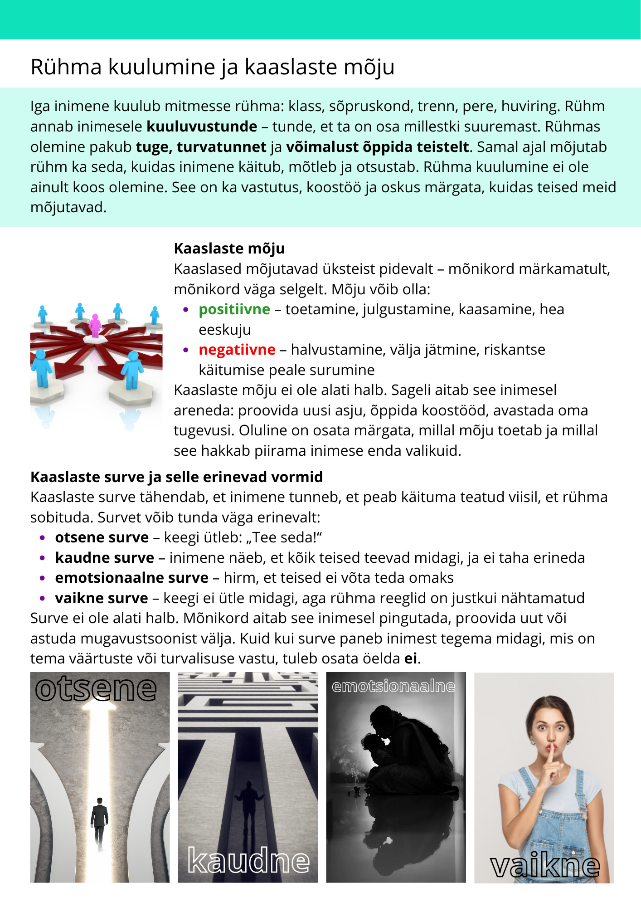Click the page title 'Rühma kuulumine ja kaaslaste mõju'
212,67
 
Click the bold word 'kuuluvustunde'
202,127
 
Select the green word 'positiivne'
234,309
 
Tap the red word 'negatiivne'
237,350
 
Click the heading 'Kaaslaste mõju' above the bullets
229,249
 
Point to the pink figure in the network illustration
95,325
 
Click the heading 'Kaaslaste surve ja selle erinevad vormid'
176,477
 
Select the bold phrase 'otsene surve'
102,537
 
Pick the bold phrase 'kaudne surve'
105,558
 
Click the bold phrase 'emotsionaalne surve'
132,578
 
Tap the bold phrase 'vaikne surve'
102,598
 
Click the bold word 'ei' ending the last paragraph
411,658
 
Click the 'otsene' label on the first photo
96,689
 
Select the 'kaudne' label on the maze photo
248,860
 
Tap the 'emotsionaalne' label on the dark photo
393,687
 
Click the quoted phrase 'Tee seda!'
284,537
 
